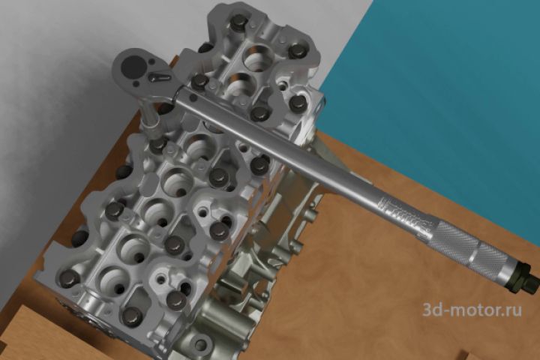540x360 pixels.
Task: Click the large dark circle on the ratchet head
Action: point(133,67)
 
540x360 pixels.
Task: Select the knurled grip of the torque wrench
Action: point(468,248)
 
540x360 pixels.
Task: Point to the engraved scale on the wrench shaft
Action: point(403,216)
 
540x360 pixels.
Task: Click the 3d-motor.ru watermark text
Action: point(472,309)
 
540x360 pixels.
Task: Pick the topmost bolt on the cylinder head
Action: point(238,24)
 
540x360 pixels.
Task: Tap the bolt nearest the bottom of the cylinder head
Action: point(130,316)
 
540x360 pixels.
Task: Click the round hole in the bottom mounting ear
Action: point(200,343)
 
